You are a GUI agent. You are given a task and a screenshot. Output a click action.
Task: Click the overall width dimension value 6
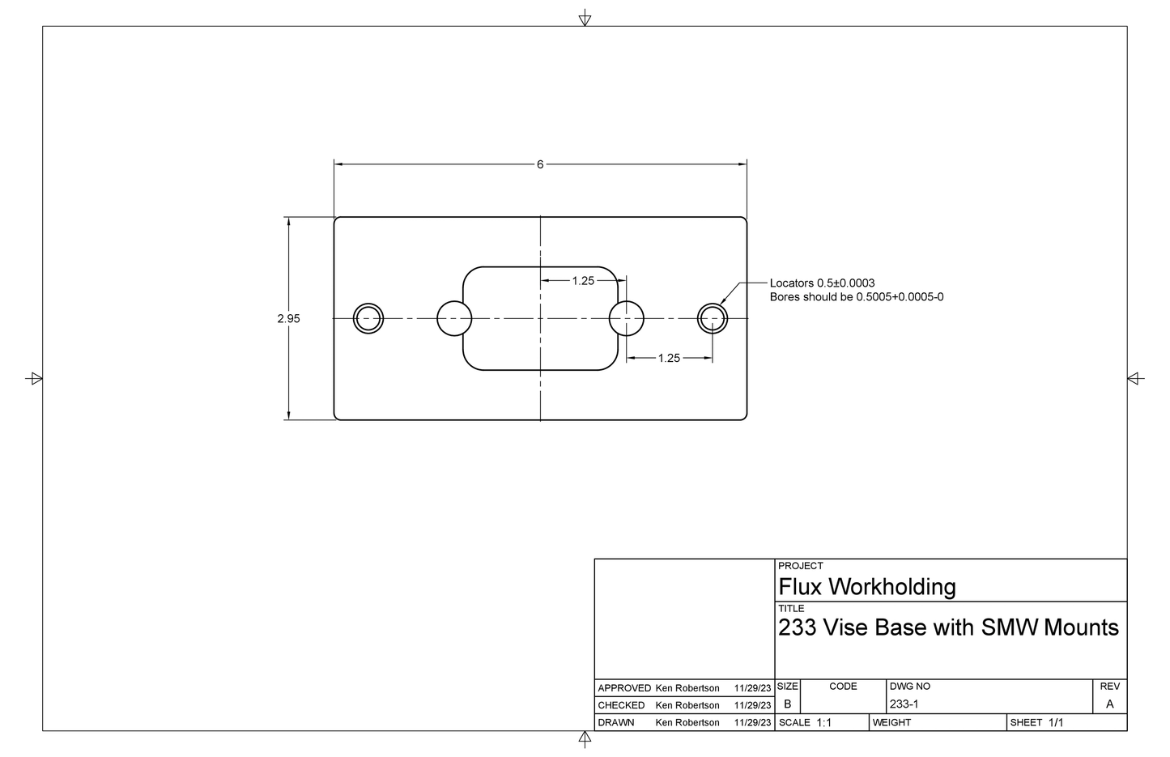click(x=540, y=164)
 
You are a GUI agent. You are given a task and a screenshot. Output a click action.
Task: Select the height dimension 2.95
click(x=288, y=319)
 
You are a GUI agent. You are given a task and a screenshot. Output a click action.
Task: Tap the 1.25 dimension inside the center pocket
click(x=583, y=281)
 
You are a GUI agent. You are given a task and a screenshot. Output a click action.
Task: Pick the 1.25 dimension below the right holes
click(x=669, y=358)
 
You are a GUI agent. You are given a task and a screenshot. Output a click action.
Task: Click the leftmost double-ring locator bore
click(x=368, y=318)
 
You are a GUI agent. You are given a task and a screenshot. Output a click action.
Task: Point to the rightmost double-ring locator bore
click(x=713, y=318)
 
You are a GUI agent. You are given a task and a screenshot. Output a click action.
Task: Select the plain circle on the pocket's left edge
click(x=454, y=318)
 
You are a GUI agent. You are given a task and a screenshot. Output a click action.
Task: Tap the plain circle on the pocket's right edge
click(x=626, y=318)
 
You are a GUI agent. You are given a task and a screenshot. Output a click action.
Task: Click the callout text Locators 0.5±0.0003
click(x=822, y=283)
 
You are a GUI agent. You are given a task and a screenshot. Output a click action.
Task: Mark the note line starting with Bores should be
click(x=856, y=297)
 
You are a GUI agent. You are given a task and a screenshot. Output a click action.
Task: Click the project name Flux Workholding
click(x=866, y=586)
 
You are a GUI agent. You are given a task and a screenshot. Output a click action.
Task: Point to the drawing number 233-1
click(x=904, y=704)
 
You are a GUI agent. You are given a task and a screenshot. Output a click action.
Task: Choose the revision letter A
click(x=1109, y=704)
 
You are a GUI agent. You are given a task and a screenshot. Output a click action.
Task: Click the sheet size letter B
click(x=787, y=704)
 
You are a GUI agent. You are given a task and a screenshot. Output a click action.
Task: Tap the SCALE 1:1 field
click(x=805, y=722)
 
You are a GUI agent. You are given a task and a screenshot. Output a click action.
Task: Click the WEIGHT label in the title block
click(x=891, y=722)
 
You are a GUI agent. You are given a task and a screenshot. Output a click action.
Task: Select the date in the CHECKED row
click(x=752, y=705)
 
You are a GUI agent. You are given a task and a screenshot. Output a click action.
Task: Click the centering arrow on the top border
click(x=585, y=19)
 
